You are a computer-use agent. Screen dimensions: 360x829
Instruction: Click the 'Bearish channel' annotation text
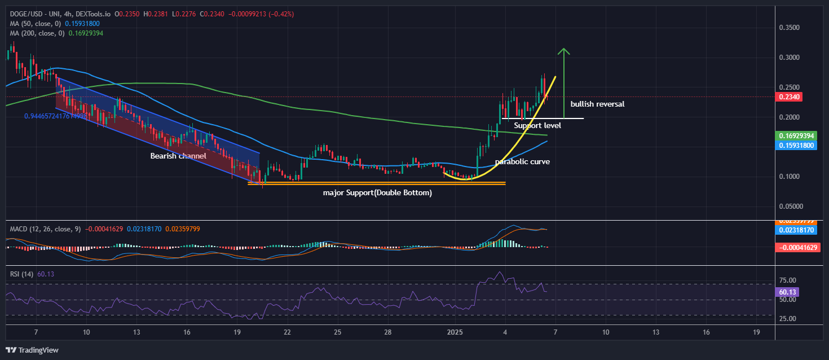pos(178,156)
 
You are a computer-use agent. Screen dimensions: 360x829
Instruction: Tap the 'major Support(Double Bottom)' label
pos(377,193)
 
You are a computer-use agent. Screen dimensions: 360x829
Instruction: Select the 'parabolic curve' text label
pos(522,162)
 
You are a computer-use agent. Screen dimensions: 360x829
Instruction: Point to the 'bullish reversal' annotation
pos(597,104)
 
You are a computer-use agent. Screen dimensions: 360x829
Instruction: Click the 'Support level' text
pos(537,125)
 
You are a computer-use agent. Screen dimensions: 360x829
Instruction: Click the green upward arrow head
pos(564,51)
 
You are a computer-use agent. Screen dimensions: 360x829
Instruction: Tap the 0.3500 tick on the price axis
pos(790,27)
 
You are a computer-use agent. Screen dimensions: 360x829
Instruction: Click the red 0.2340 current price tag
pos(790,96)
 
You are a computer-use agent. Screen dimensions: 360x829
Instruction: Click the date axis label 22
pos(287,332)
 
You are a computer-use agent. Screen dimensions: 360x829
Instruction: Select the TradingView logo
pos(33,350)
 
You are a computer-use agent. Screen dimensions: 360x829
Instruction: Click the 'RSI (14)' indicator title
pos(22,274)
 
